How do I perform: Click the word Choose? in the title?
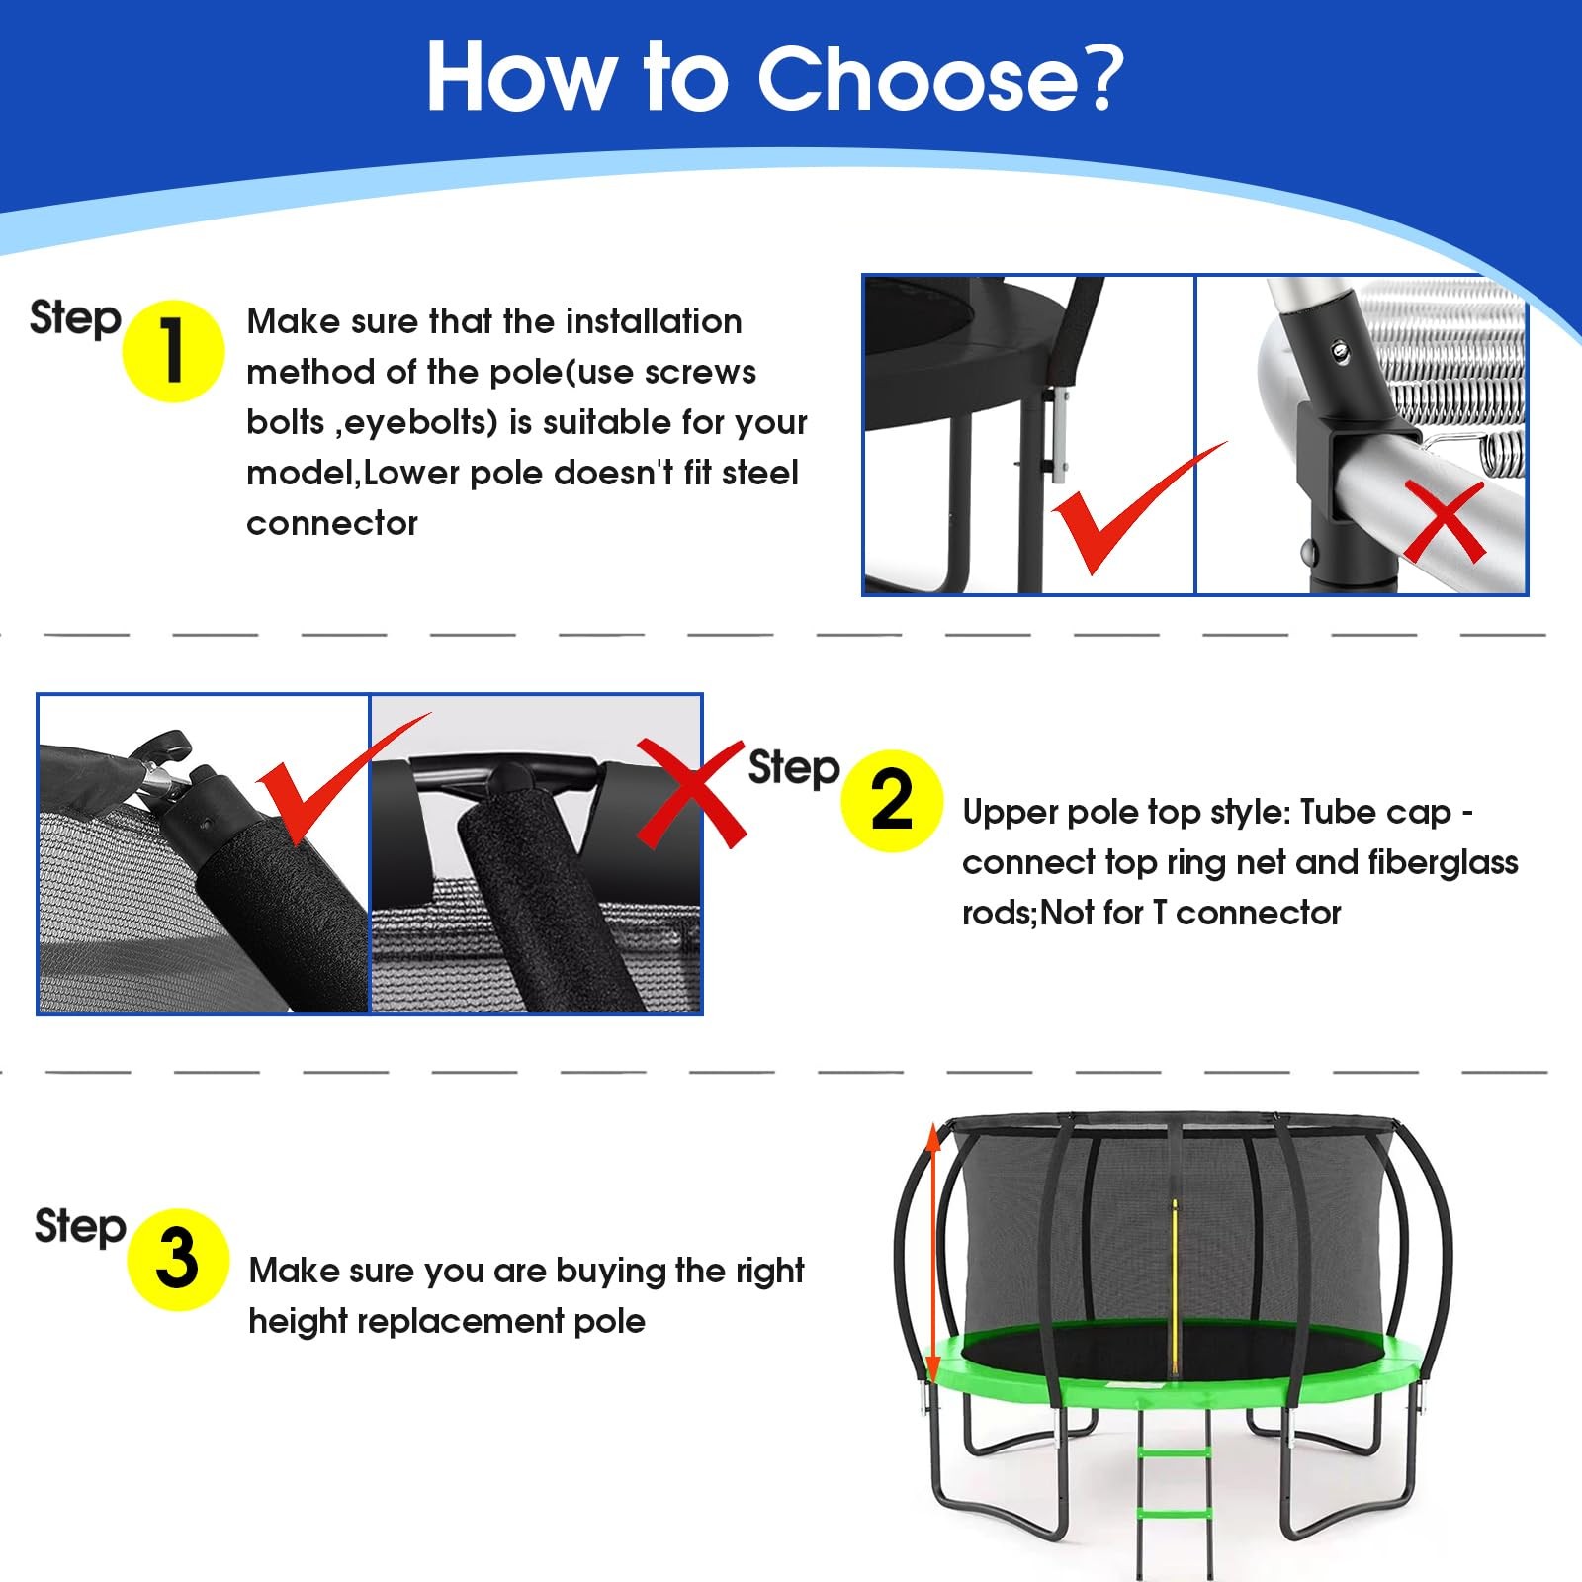click(x=940, y=77)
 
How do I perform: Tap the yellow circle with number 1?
click(x=173, y=351)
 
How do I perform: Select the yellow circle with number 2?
click(x=892, y=801)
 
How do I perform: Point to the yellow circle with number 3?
click(x=178, y=1260)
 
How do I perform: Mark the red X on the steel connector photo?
click(x=1445, y=521)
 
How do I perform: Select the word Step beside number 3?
click(x=80, y=1227)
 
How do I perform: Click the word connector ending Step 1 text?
click(x=332, y=523)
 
